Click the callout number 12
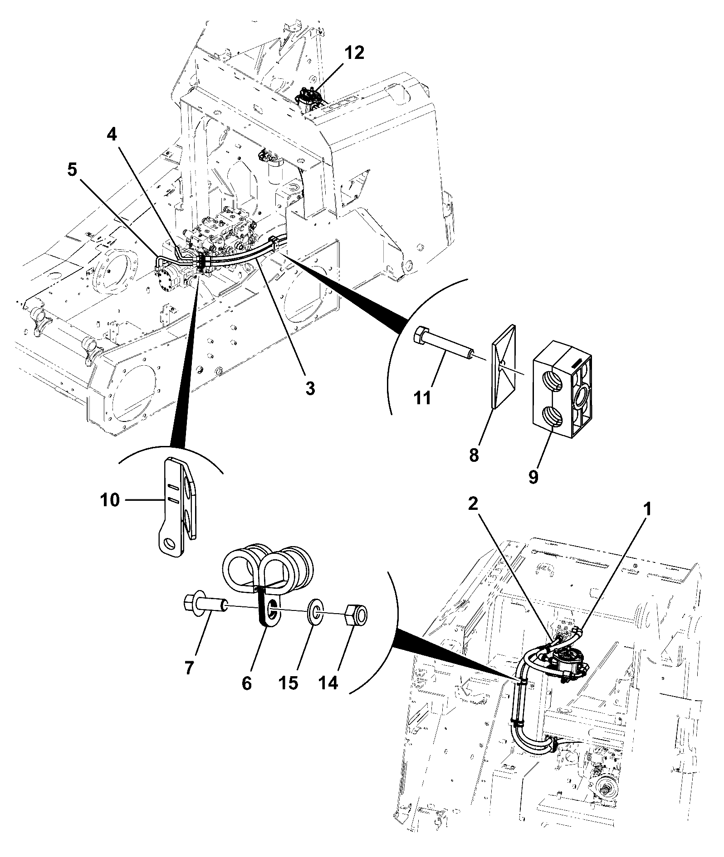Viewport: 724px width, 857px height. click(354, 53)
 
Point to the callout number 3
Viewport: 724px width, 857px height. click(310, 388)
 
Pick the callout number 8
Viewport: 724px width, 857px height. click(474, 455)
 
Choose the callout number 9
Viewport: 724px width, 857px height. click(533, 477)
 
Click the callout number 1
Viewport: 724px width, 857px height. click(648, 509)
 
